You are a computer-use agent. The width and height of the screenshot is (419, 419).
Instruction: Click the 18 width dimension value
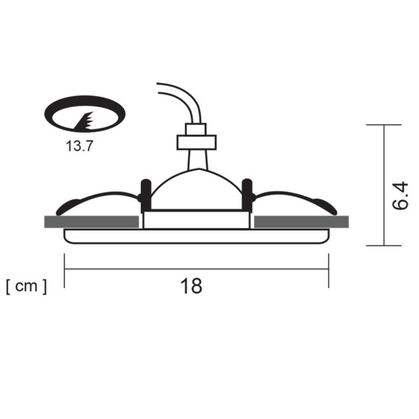click(x=191, y=285)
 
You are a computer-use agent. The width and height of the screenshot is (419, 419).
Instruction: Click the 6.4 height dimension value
click(x=399, y=196)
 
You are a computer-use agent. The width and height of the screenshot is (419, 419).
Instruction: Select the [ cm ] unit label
click(x=26, y=287)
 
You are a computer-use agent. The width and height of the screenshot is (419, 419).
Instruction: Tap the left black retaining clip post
click(x=145, y=191)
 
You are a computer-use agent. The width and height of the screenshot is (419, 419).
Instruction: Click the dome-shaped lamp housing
click(x=196, y=189)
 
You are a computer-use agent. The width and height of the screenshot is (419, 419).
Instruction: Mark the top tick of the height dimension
click(x=384, y=125)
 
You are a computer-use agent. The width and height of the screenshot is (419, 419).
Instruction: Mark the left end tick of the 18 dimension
click(x=64, y=269)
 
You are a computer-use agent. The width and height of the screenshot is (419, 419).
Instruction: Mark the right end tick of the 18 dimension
click(x=329, y=269)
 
